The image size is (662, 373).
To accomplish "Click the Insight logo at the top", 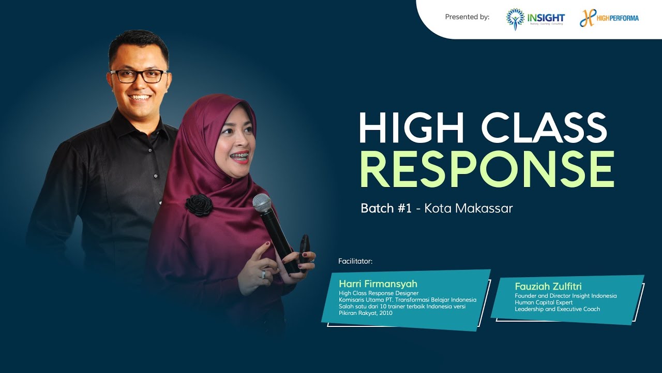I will pyautogui.click(x=535, y=18).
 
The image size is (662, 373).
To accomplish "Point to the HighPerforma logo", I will pyautogui.click(x=609, y=18).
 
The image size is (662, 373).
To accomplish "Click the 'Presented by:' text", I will pyautogui.click(x=467, y=17).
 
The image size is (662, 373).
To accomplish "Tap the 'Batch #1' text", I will pyautogui.click(x=386, y=208).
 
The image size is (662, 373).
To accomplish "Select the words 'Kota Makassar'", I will pyautogui.click(x=469, y=208).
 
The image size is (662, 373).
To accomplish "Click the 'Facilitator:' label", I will pyautogui.click(x=355, y=261).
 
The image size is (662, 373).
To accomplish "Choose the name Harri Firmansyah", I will pyautogui.click(x=378, y=283).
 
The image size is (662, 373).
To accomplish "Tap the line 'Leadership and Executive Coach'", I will pyautogui.click(x=557, y=309).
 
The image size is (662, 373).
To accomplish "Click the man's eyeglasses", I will pyautogui.click(x=139, y=76).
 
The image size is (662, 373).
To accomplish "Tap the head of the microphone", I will pyautogui.click(x=262, y=203).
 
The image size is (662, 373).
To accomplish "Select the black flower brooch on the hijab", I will pyautogui.click(x=199, y=205).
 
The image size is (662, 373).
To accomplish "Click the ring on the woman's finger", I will pyautogui.click(x=263, y=274).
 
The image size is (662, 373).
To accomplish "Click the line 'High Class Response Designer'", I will pyautogui.click(x=379, y=293).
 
